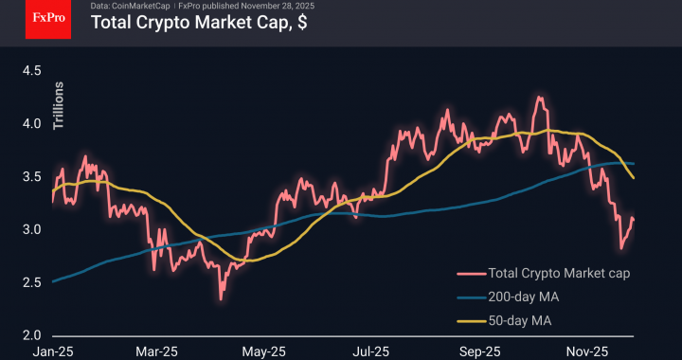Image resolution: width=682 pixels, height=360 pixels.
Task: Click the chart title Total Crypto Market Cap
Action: coord(198,24)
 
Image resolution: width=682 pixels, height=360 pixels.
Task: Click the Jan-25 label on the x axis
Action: coord(52,351)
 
